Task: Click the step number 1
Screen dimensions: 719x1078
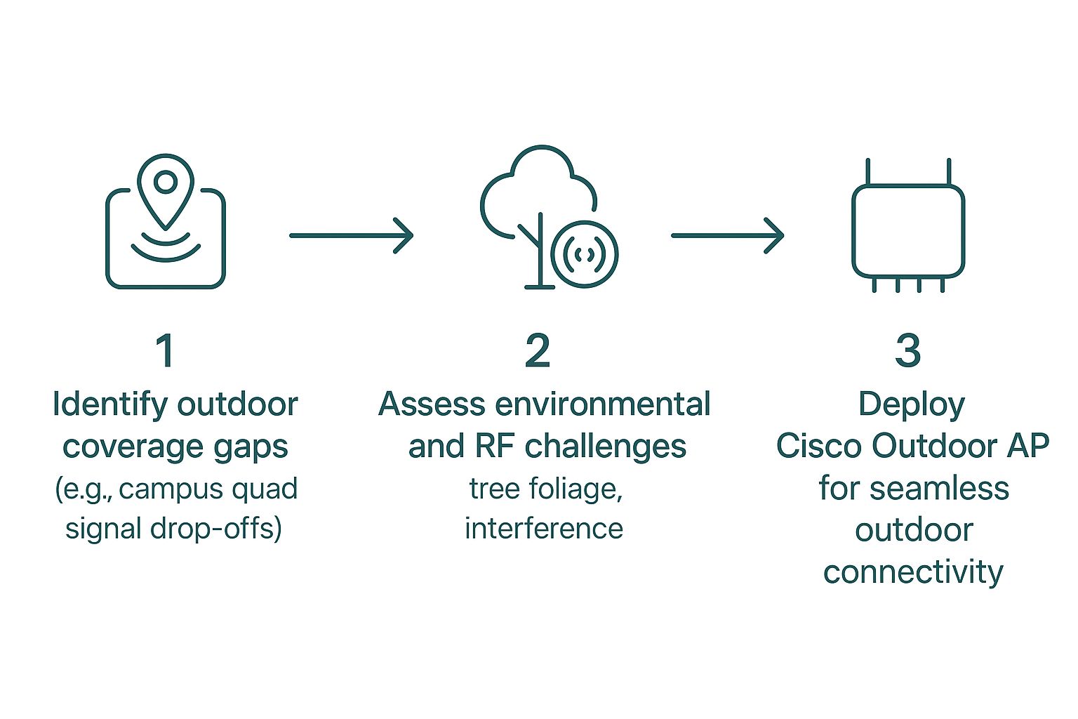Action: (x=166, y=351)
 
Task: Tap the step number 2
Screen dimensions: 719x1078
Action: (x=538, y=351)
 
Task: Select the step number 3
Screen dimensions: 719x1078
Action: (x=908, y=351)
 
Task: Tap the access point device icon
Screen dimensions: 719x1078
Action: (x=908, y=228)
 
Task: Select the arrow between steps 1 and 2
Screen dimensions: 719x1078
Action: (x=351, y=235)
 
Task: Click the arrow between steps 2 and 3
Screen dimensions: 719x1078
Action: (x=727, y=235)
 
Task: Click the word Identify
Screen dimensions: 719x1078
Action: (x=110, y=405)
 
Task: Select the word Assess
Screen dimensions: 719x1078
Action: (x=432, y=405)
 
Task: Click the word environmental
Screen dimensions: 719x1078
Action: (x=601, y=405)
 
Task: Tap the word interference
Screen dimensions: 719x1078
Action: (x=544, y=529)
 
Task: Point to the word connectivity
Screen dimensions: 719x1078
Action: (x=913, y=572)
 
